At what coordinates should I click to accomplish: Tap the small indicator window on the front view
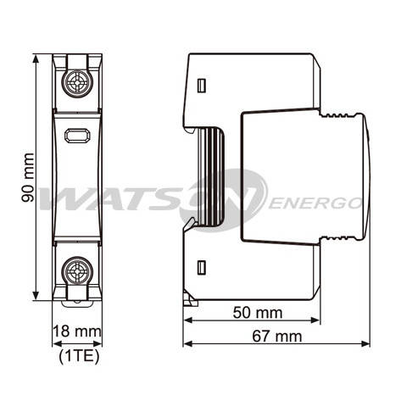coord(77,134)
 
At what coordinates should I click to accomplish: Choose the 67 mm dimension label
coord(276,336)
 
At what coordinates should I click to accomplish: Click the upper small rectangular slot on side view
coord(202,86)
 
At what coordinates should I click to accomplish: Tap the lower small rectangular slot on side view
coord(202,268)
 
